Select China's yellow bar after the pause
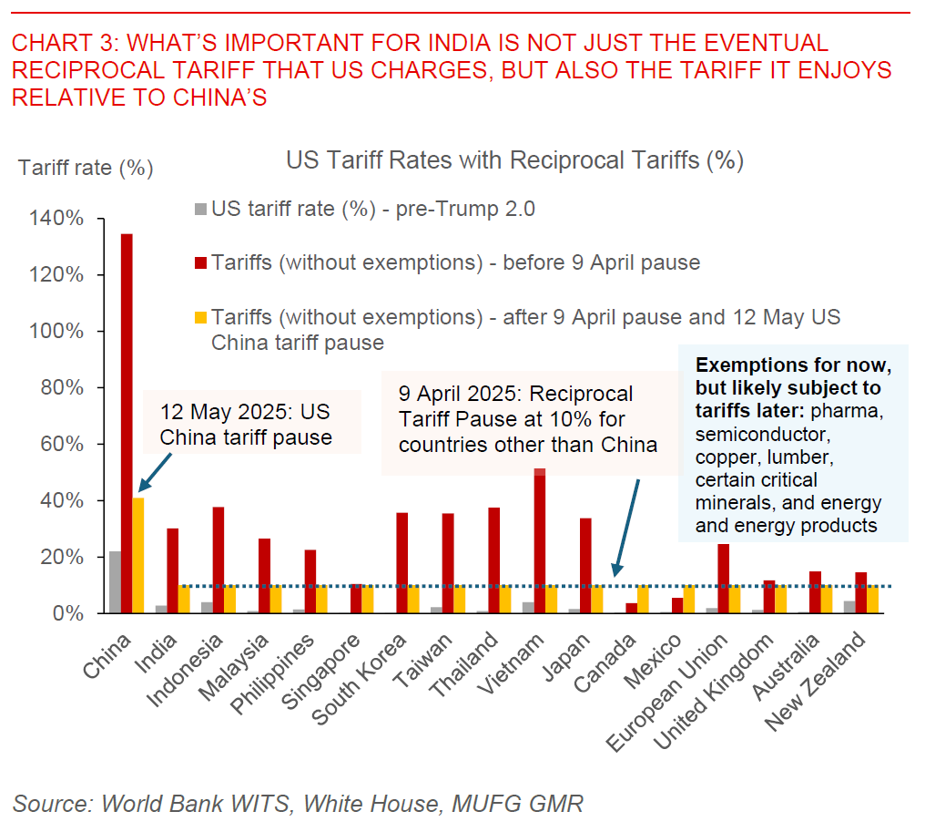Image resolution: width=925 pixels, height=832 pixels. tap(138, 555)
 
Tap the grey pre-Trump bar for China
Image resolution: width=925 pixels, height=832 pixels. tap(115, 582)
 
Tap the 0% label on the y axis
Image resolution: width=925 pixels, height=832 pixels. tap(69, 613)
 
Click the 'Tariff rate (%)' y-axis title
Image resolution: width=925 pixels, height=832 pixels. tap(86, 168)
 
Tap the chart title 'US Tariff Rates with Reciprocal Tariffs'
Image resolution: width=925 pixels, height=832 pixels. tap(515, 160)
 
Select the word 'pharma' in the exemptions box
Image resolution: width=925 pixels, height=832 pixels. tap(849, 410)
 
